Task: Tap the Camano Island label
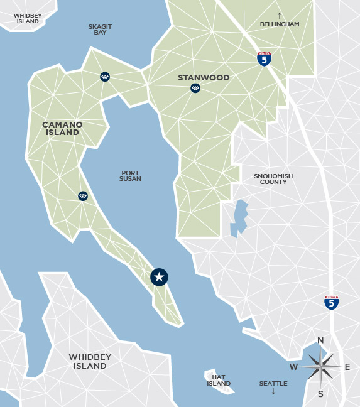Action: [x=62, y=129]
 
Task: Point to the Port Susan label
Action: [x=130, y=176]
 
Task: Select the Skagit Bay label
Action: [x=101, y=29]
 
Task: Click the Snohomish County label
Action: [x=273, y=180]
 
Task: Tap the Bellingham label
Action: [x=280, y=24]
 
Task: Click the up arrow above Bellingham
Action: [x=280, y=15]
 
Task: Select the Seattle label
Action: [x=273, y=383]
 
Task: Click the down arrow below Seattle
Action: [x=273, y=392]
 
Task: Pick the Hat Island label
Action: [x=219, y=380]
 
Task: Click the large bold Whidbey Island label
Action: [x=90, y=362]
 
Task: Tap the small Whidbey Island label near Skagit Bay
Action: [x=26, y=18]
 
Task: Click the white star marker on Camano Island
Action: [x=160, y=277]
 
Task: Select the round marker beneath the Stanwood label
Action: [x=195, y=89]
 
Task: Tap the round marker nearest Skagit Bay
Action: [x=105, y=77]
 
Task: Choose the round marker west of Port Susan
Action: [x=83, y=196]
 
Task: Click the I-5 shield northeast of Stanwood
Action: [x=265, y=59]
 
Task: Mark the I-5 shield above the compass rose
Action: [x=332, y=302]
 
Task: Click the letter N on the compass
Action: [x=320, y=341]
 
